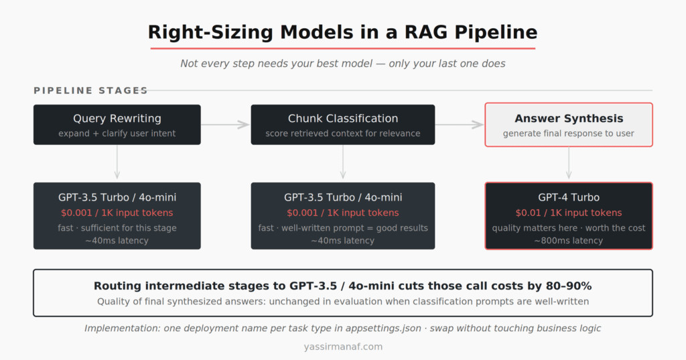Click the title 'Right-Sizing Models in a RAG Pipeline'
[x=342, y=32]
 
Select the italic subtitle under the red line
[x=342, y=63]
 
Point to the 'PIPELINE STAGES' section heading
[x=90, y=91]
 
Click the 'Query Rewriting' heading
[x=117, y=119]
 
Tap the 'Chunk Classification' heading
[x=342, y=119]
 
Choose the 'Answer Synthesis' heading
[x=569, y=119]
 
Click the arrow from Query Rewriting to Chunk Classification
[x=226, y=125]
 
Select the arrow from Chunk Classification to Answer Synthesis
[x=460, y=125]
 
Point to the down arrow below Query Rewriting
[x=117, y=164]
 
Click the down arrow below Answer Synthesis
[x=569, y=164]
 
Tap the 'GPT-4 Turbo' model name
[x=569, y=198]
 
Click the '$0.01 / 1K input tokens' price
[x=569, y=213]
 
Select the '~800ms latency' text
[x=569, y=241]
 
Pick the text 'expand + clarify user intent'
[x=117, y=133]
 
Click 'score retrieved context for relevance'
[x=342, y=133]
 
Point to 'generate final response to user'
[x=569, y=133]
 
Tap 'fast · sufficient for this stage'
[x=117, y=228]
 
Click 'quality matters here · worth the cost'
[x=569, y=228]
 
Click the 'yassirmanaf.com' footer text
[x=342, y=347]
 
